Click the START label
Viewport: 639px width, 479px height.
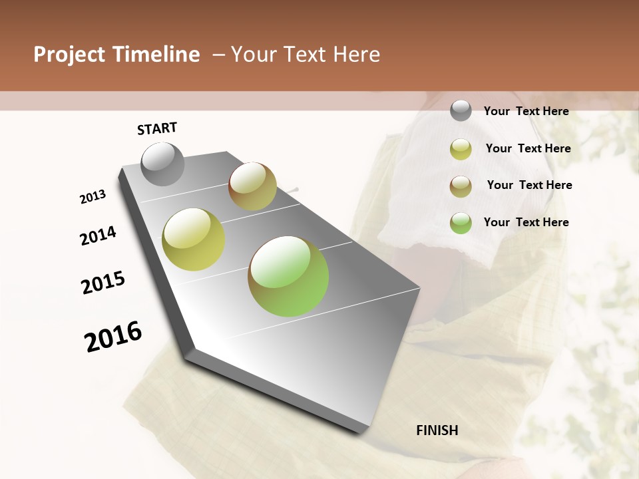coord(157,128)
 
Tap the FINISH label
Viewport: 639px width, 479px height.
coord(437,430)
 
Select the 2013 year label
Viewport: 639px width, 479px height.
coord(93,197)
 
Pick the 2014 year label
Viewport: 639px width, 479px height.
coord(98,236)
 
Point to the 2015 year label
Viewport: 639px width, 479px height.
coord(103,283)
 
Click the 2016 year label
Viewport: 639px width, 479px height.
coord(113,337)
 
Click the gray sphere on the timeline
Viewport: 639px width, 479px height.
coord(163,164)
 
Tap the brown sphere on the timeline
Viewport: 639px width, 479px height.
coord(252,186)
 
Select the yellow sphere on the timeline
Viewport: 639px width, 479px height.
coord(194,239)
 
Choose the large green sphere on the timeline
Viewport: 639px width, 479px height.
coord(288,276)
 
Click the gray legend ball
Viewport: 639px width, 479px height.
coord(461,111)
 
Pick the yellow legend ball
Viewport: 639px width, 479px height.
coord(461,148)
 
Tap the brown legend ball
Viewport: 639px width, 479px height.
coord(461,186)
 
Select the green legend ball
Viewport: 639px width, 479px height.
coord(461,223)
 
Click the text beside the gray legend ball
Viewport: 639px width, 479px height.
coord(526,111)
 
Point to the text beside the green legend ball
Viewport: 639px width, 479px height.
coord(526,222)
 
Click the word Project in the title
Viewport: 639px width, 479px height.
coord(69,55)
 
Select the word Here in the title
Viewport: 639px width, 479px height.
coord(356,55)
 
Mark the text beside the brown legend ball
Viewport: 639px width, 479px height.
coord(529,185)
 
